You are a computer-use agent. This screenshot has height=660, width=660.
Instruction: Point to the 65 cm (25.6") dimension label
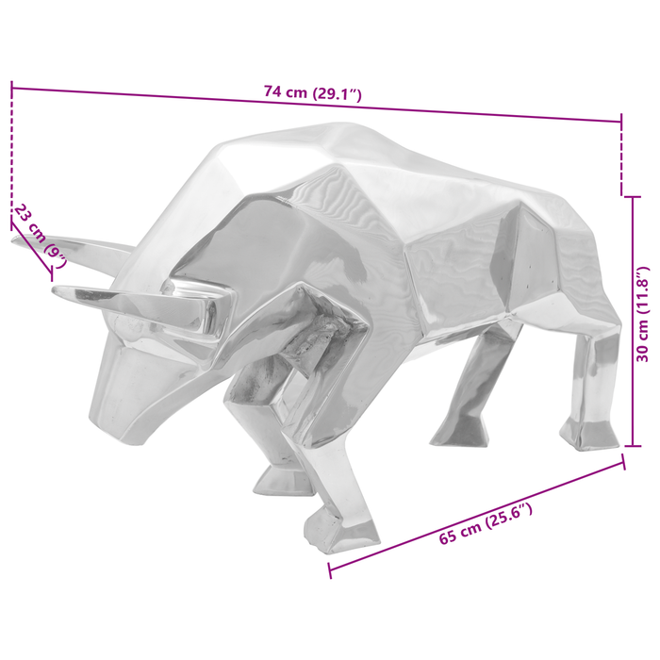(486, 528)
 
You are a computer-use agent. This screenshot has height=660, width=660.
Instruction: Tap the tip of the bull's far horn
(15, 239)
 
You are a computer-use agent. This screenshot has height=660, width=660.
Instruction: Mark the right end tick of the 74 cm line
(621, 121)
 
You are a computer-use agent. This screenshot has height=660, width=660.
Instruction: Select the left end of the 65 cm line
(329, 571)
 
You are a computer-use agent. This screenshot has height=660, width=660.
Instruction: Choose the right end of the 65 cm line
(623, 462)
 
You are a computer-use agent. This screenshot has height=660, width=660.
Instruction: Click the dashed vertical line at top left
(12, 151)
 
